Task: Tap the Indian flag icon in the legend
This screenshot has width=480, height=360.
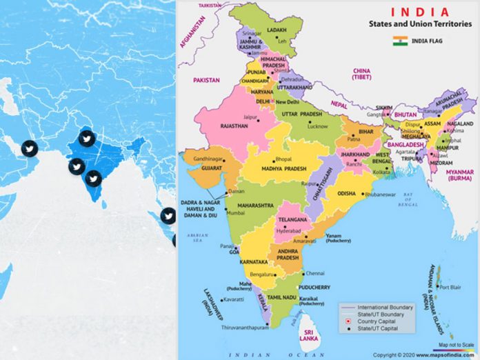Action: (399, 41)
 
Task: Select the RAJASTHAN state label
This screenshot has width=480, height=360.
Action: (234, 126)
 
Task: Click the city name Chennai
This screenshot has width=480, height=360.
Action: (315, 273)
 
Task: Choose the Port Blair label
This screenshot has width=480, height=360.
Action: (450, 288)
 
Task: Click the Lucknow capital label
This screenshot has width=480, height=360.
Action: (317, 127)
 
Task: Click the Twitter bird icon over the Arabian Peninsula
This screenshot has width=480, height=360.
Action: (29, 148)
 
